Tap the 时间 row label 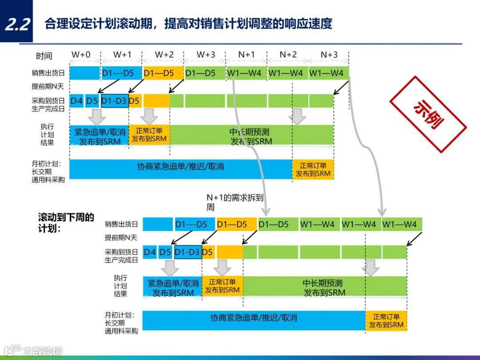point(44,56)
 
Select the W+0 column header point(81,55)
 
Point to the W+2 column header point(164,55)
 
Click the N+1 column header point(246,55)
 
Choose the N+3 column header point(329,55)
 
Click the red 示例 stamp point(428,114)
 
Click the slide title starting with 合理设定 point(188,24)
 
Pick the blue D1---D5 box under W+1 point(118,73)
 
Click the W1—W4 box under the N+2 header point(288,73)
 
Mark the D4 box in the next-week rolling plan point(150,252)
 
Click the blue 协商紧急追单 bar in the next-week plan point(254,318)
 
